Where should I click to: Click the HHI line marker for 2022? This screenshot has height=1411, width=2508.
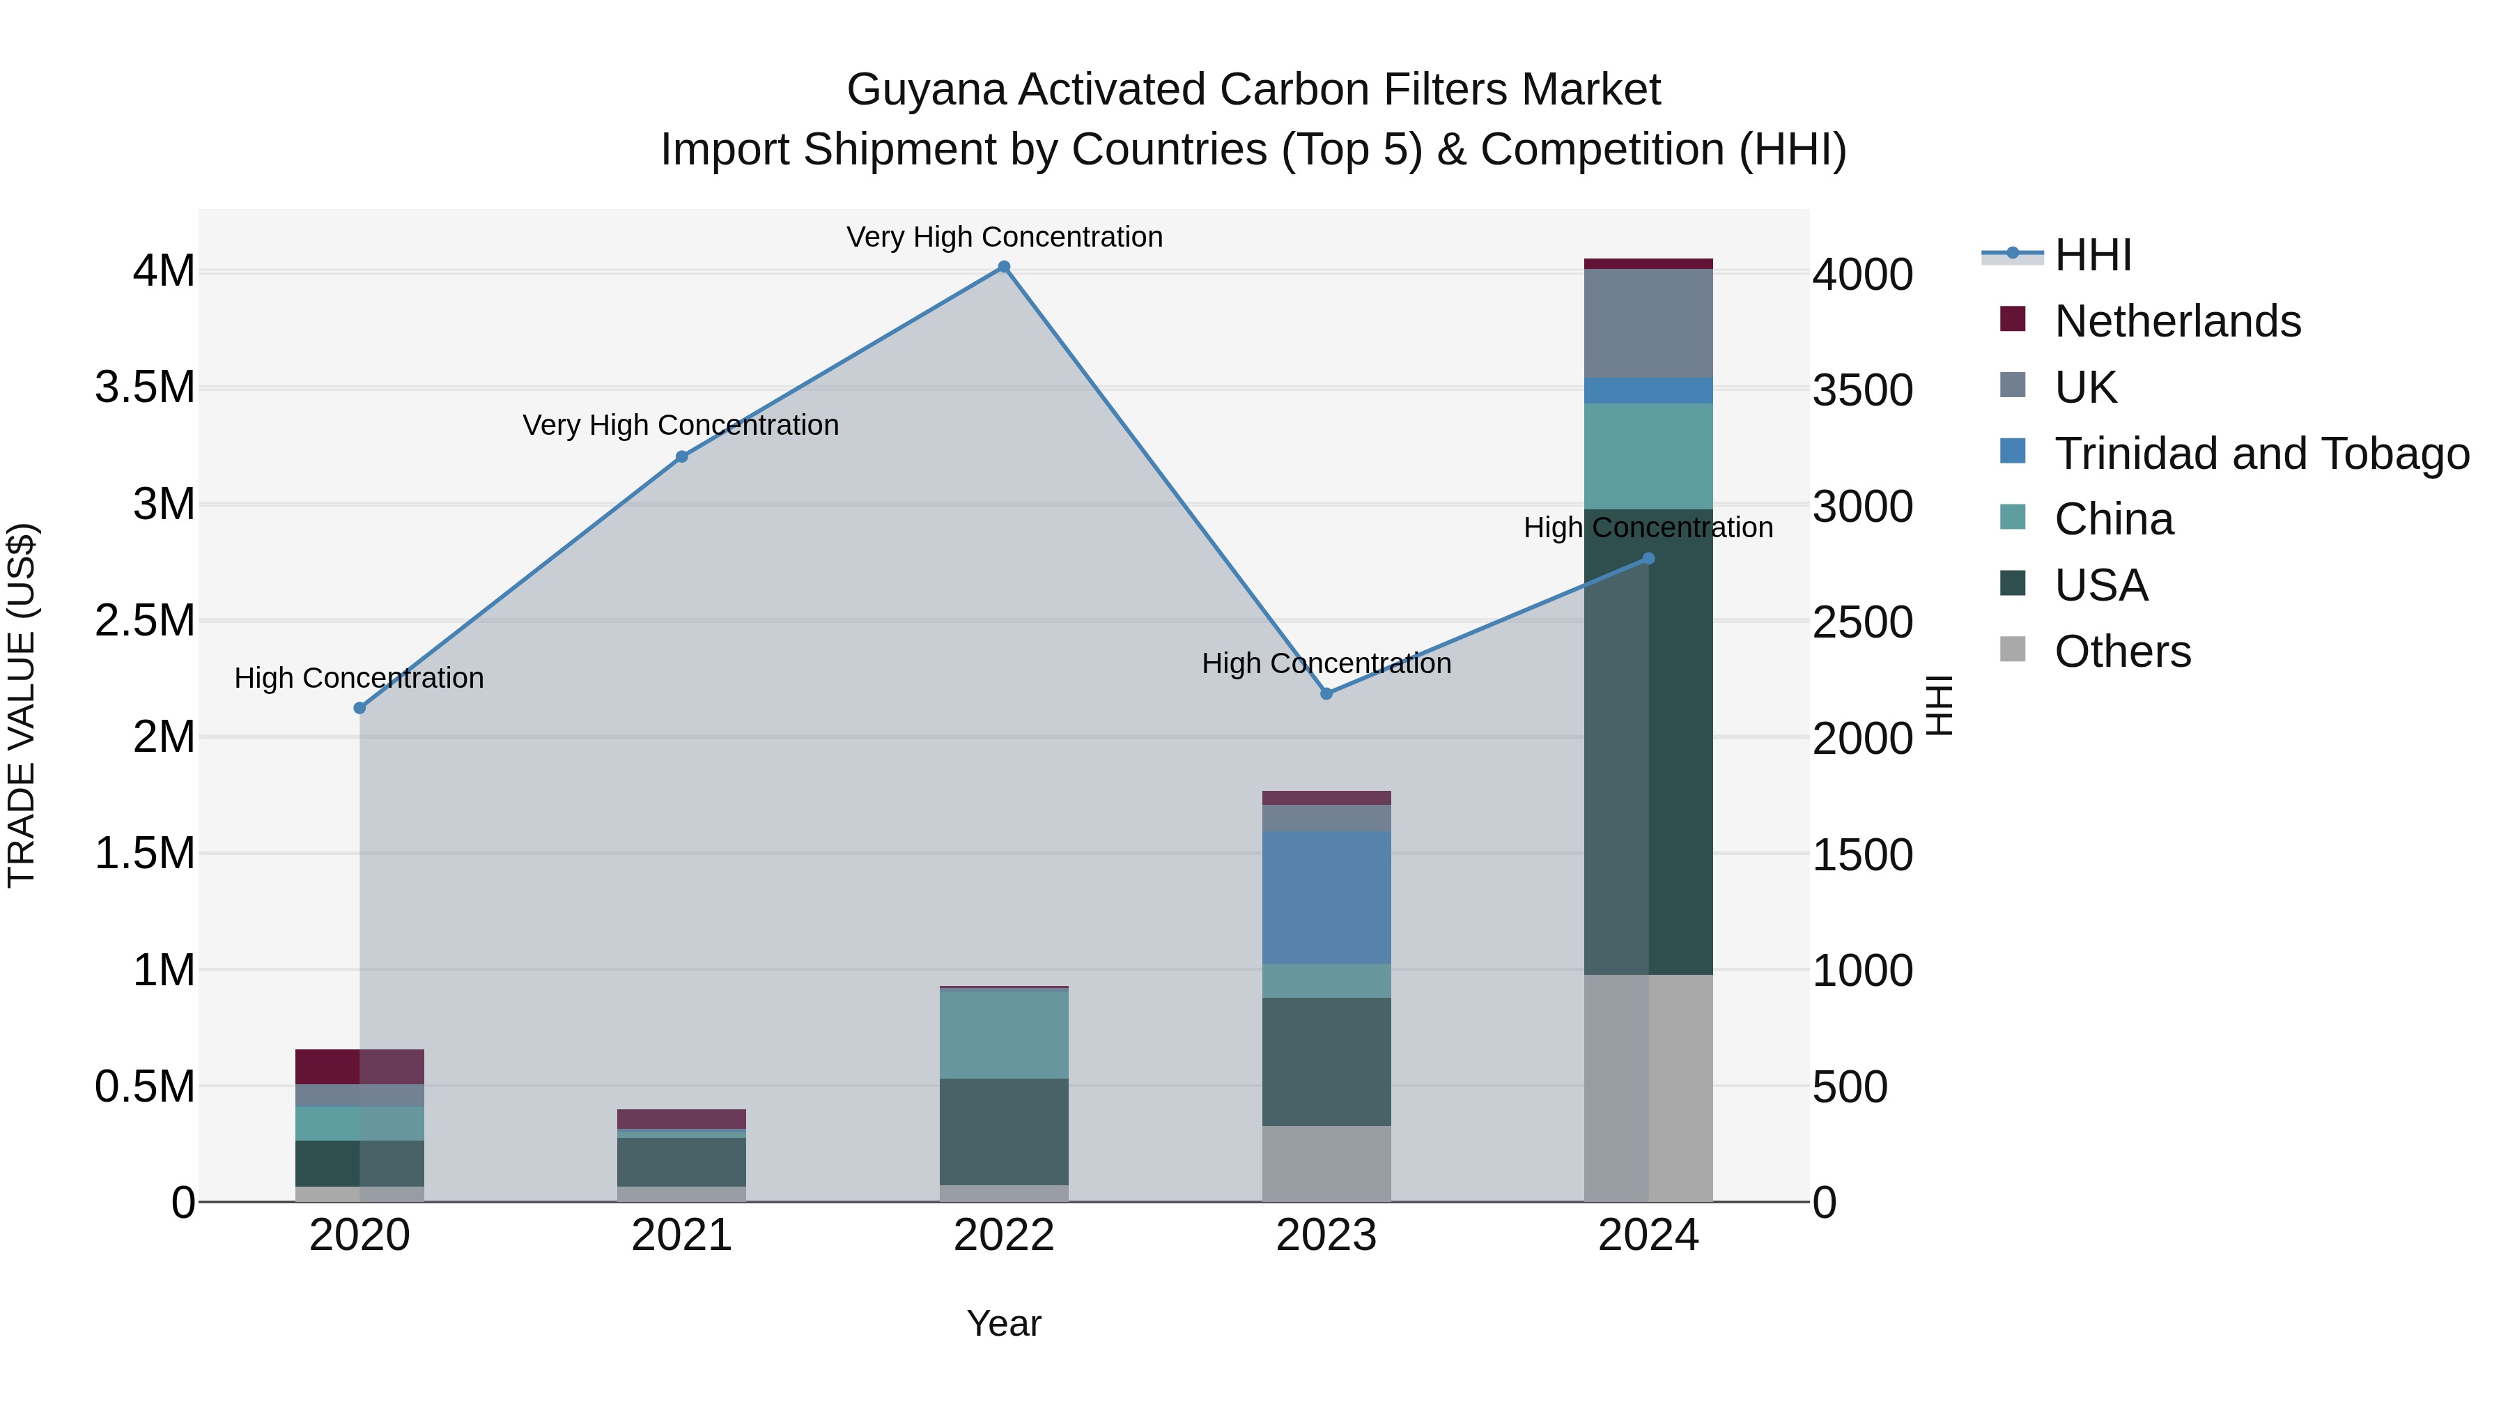tap(1004, 267)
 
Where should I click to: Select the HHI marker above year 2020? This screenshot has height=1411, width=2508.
tap(359, 708)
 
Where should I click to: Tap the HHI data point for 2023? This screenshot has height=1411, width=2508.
tap(1326, 693)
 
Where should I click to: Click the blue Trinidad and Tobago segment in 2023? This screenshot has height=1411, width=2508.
tap(1326, 897)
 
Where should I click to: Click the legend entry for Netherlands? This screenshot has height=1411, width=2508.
tap(2177, 321)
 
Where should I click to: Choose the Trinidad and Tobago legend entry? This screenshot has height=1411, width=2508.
tap(2261, 454)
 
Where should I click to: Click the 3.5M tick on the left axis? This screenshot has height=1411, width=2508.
tap(145, 387)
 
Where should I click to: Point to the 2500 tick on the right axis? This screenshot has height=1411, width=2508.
tap(1862, 622)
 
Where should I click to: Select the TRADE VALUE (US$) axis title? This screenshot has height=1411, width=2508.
tap(22, 705)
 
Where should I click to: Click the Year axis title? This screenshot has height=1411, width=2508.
tap(1004, 1323)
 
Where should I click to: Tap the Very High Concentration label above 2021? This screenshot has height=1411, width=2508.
tap(681, 426)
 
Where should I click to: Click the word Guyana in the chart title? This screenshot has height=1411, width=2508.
tap(925, 90)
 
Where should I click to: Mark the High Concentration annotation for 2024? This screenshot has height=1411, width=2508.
tap(1648, 527)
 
